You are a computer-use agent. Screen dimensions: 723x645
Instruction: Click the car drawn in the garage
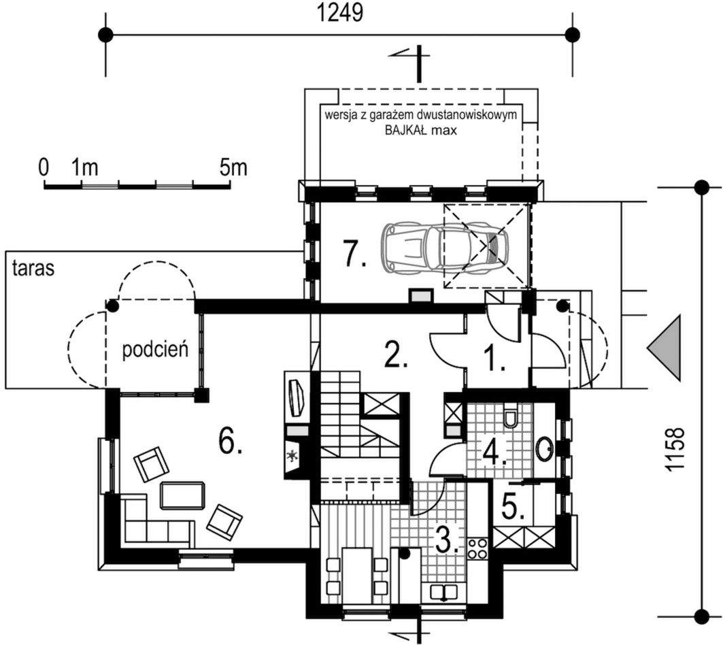(x=445, y=246)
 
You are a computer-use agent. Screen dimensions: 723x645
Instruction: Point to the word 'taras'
(x=33, y=268)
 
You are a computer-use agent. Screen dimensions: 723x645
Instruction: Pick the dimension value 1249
(x=340, y=14)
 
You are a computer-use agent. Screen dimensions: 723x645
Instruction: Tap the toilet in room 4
(x=510, y=416)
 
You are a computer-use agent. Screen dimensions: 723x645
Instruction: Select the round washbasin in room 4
(x=545, y=448)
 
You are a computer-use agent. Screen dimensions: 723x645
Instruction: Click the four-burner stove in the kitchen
(x=477, y=548)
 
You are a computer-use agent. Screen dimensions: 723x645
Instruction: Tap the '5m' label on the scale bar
(x=233, y=167)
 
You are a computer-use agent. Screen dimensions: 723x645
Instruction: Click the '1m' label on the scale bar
(x=85, y=167)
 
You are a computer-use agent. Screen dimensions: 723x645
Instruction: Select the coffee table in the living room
(x=182, y=495)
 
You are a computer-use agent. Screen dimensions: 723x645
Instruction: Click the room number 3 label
(x=447, y=538)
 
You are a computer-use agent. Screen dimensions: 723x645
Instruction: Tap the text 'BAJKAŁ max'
(x=421, y=130)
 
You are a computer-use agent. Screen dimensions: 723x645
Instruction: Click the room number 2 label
(x=396, y=354)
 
